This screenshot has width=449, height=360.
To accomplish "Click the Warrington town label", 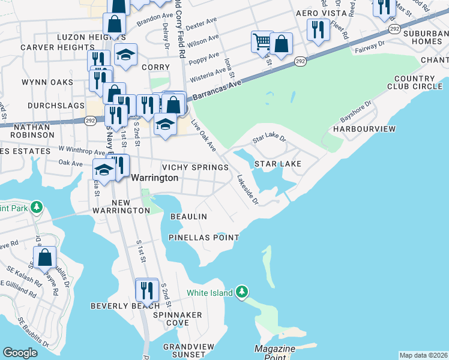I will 154,178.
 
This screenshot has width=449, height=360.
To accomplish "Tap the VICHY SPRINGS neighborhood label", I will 195,167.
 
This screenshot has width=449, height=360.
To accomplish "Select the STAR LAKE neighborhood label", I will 277,164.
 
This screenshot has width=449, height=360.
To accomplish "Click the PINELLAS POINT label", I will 203,238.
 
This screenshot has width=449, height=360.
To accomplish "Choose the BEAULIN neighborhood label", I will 188,216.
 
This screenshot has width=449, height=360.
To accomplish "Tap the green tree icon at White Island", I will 241,291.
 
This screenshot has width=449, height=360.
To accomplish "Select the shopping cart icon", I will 261,41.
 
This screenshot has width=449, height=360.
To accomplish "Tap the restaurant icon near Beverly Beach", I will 147,290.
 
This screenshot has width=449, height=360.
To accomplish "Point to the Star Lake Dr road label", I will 270,139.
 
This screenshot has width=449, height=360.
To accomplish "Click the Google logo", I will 20,353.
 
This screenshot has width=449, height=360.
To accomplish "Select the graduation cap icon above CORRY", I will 125,55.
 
